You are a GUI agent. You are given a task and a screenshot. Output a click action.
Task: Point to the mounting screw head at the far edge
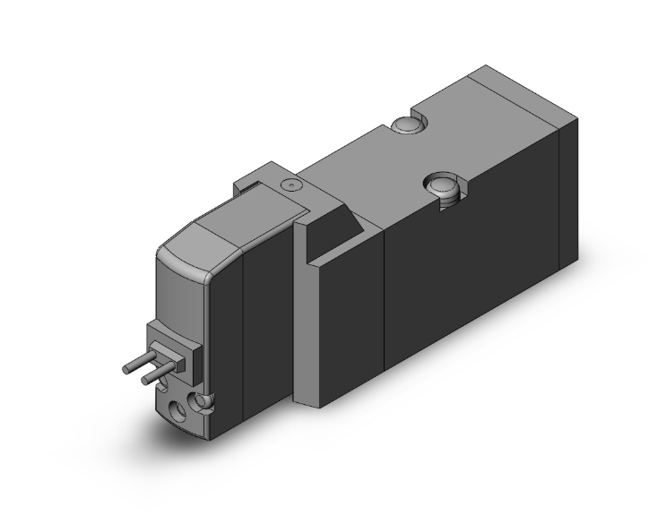coord(405,124)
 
